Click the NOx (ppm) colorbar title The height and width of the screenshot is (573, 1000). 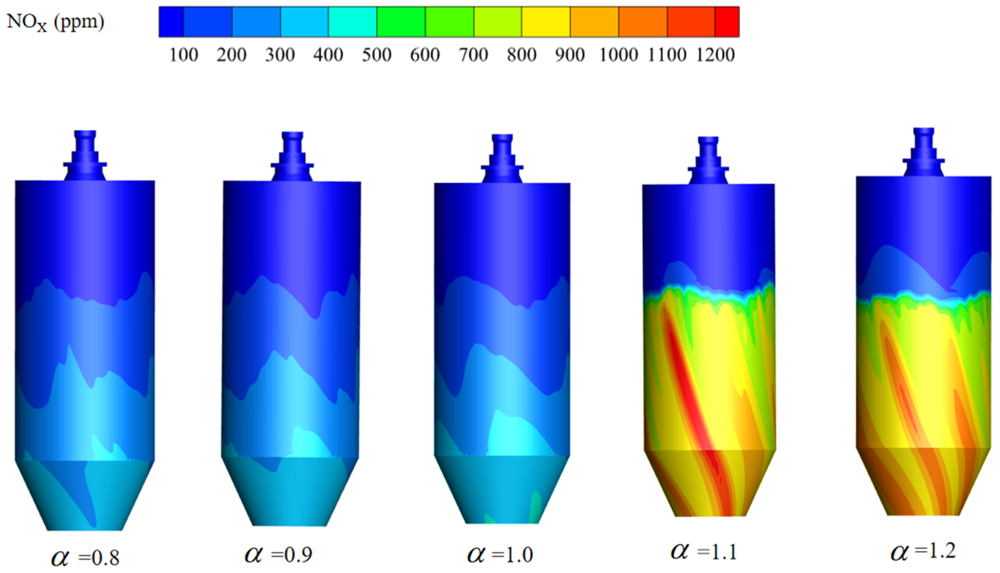point(55,22)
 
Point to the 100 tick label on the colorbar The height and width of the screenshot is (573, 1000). point(184,55)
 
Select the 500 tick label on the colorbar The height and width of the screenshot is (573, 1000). point(376,55)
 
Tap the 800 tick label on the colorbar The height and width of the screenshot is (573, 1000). point(522,55)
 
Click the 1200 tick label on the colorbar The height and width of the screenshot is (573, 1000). point(715,55)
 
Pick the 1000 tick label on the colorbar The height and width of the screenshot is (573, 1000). point(618,55)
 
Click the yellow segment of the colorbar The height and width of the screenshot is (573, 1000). point(546,22)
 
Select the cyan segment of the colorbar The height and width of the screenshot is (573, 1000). point(353,22)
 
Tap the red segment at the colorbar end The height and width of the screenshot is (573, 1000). point(727,22)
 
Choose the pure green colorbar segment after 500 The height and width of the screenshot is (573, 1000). point(401,22)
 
